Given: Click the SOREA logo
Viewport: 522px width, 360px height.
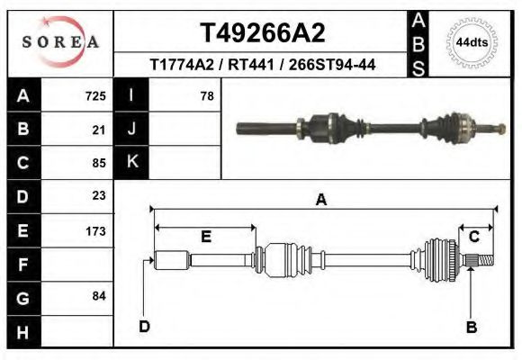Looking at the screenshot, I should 60,42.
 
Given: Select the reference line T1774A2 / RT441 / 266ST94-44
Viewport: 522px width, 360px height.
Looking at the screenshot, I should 262,65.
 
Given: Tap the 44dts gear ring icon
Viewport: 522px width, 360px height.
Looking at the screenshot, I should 471,42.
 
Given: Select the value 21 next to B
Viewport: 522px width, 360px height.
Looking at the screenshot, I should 99,130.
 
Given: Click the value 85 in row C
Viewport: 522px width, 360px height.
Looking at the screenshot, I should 99,163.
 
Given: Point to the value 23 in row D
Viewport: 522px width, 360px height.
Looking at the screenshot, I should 99,195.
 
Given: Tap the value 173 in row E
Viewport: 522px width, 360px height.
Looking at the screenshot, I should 95,231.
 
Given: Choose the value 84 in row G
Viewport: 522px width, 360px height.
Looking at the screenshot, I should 99,296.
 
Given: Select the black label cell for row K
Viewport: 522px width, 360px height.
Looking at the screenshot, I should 132,162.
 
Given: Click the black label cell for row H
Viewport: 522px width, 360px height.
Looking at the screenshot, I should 22,331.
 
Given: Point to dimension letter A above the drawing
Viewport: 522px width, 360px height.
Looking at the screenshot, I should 320,201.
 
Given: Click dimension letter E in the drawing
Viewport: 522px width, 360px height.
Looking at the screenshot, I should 205,237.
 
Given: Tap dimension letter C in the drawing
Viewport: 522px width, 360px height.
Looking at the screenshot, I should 473,236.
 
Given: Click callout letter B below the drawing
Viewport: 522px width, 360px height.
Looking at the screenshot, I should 471,327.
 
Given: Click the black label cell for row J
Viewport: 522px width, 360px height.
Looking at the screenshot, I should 132,130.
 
